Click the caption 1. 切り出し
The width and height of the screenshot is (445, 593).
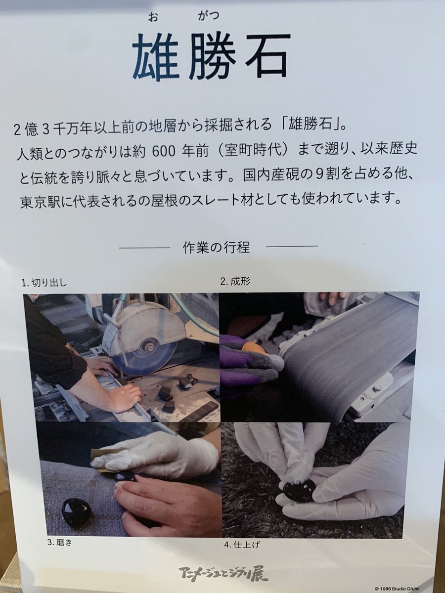(x=44, y=283)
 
